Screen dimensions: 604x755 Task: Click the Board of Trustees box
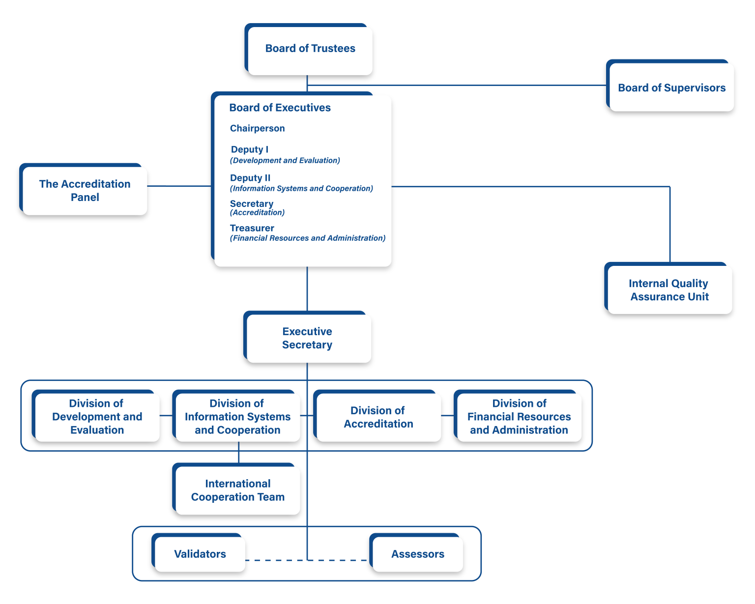coord(310,49)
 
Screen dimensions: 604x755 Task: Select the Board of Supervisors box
coord(671,87)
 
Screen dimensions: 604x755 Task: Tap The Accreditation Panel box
coord(85,190)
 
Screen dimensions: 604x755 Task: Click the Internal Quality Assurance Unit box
coord(669,289)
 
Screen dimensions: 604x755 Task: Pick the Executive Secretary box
coord(308,338)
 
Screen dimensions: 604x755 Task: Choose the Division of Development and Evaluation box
coord(97,417)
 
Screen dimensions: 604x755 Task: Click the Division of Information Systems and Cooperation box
coord(237,417)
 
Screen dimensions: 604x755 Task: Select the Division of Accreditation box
coord(378,417)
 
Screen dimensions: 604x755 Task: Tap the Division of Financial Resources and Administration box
coord(519,417)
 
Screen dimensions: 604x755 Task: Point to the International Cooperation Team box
coord(237,490)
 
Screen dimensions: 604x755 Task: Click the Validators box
coord(200,554)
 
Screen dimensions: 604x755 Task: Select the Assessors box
coord(417,554)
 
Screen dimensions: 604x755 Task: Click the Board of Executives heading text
coord(280,108)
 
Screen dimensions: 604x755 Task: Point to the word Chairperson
coord(257,128)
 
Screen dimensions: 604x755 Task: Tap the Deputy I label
coord(250,149)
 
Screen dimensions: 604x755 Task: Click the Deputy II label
coord(250,178)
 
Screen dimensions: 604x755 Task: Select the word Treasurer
coord(252,228)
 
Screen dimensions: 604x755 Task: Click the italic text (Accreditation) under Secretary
coord(257,213)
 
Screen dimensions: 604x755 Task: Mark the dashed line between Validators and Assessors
coord(275,560)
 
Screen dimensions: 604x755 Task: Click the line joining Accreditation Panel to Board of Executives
coord(179,186)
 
